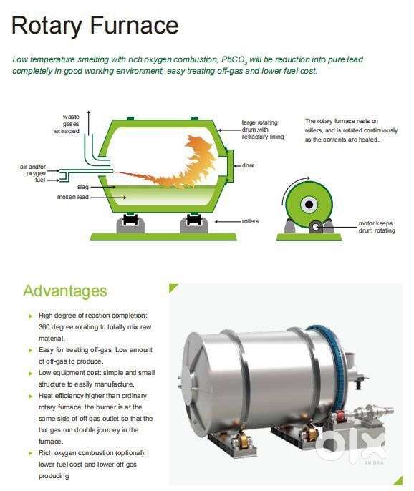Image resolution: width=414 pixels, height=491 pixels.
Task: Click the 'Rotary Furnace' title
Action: point(95,26)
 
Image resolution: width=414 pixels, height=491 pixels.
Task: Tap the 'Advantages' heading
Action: point(65,291)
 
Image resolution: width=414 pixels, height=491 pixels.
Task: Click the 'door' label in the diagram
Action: point(248,165)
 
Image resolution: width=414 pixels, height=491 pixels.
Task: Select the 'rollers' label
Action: point(250,221)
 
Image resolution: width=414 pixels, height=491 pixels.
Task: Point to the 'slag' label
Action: point(83,187)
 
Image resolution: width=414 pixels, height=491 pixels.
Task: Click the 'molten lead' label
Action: point(73,197)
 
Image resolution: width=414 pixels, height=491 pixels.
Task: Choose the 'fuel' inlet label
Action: point(40,180)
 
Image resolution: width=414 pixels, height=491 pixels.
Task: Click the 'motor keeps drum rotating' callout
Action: point(377,227)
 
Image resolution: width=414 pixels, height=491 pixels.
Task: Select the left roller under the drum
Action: point(130,223)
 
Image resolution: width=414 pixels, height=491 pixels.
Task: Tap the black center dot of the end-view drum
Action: point(309,205)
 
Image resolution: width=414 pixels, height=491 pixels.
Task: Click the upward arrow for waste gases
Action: point(89,123)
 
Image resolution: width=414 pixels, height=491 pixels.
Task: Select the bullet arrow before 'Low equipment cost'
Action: point(30,374)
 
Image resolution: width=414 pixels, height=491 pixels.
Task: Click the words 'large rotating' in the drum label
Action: point(259,122)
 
